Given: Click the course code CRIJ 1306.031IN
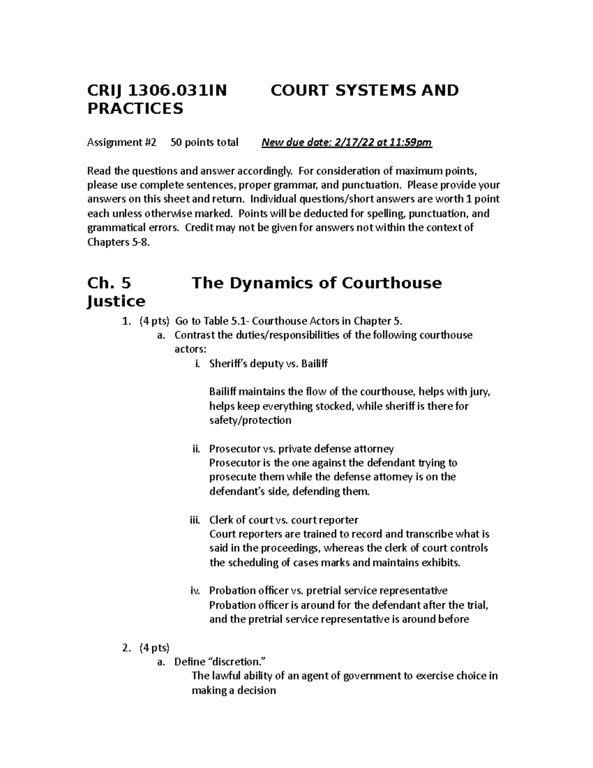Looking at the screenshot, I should [157, 90].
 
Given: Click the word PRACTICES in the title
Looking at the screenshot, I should [135, 109].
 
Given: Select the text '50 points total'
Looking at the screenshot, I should [204, 143].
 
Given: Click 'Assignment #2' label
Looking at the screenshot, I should [122, 143].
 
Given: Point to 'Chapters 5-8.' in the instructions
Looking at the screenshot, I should [118, 242].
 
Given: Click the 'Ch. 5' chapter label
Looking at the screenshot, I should [109, 283].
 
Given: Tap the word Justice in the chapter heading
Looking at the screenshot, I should [116, 301].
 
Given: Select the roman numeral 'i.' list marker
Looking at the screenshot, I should [197, 364].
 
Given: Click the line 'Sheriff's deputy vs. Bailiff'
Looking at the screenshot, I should [268, 364].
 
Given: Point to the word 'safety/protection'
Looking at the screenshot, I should [250, 420].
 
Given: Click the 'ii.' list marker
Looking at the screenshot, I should [196, 449].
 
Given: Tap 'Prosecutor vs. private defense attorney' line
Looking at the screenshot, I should [301, 449].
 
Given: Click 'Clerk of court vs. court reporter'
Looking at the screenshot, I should [284, 520].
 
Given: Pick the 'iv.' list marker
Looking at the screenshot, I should [195, 591].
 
